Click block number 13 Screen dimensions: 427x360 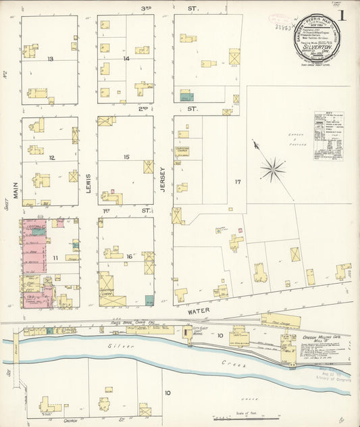click(51, 59)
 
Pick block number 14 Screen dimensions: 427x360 click(126, 59)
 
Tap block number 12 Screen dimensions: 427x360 click(51, 158)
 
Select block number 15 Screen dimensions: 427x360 click(126, 157)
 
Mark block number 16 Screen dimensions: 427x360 click(128, 257)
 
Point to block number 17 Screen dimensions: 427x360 click(237, 182)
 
